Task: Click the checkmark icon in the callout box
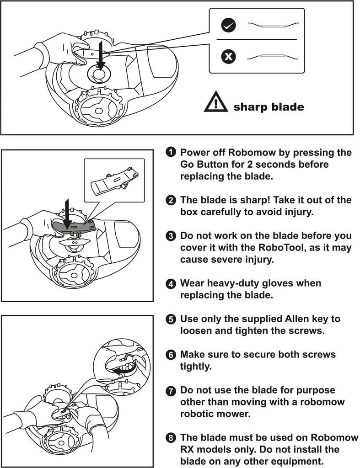pos(229,26)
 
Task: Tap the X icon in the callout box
pos(229,56)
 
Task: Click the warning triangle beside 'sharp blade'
pos(216,102)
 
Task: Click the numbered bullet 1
pos(171,152)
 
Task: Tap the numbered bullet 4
pos(171,283)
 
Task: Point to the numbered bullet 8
pos(171,438)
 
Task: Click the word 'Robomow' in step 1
pos(252,152)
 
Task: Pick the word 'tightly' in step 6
pos(194,366)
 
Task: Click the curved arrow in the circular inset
pos(123,370)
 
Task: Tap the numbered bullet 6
pos(171,355)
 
